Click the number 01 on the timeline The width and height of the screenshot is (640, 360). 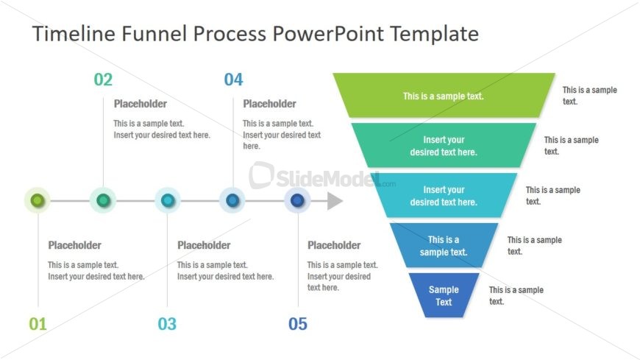click(38, 324)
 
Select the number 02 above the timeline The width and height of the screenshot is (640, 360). click(103, 80)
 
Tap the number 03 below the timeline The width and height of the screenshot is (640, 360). click(167, 324)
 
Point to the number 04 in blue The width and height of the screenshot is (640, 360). click(233, 80)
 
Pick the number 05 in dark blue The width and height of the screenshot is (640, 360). click(298, 324)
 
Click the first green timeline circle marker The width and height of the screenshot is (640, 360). click(38, 200)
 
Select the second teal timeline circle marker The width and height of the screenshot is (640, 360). click(103, 200)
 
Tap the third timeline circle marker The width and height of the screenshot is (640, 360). click(168, 200)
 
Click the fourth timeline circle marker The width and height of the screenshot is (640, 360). click(232, 200)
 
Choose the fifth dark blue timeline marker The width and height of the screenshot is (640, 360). click(297, 200)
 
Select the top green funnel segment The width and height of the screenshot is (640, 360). click(444, 96)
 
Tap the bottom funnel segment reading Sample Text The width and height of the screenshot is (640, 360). click(444, 295)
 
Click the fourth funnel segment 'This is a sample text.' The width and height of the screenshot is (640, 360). click(444, 245)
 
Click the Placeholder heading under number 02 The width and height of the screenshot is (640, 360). click(141, 104)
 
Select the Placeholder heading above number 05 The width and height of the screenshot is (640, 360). click(334, 245)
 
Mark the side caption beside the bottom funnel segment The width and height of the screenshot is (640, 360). click(516, 295)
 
